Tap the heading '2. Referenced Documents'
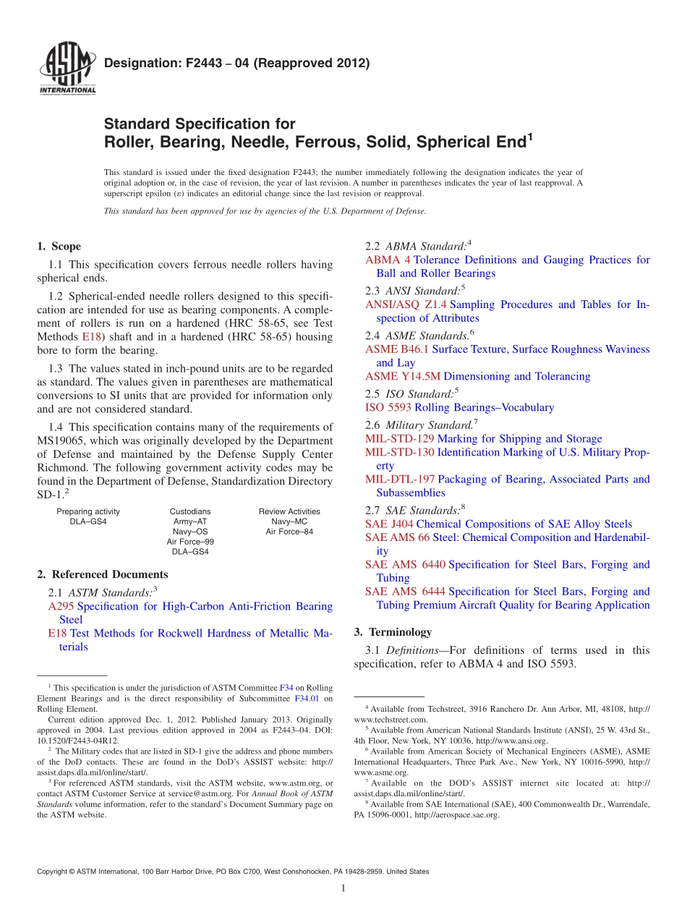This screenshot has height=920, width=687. [103, 574]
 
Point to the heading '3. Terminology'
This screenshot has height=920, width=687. [393, 631]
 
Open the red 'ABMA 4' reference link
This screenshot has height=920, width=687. [388, 260]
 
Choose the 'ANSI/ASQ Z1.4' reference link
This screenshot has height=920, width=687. [406, 304]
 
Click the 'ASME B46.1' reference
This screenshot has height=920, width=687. [397, 349]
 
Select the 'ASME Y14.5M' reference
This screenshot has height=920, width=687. [402, 376]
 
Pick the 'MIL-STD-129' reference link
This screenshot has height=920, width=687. [399, 438]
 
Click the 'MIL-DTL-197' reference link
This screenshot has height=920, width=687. [400, 479]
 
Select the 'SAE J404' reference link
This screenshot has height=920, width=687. [389, 524]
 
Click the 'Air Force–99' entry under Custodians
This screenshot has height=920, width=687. [190, 541]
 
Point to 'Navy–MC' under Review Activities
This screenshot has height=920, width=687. [289, 521]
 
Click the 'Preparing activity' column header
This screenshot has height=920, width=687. [88, 511]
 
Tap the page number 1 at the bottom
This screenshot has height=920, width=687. [343, 889]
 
